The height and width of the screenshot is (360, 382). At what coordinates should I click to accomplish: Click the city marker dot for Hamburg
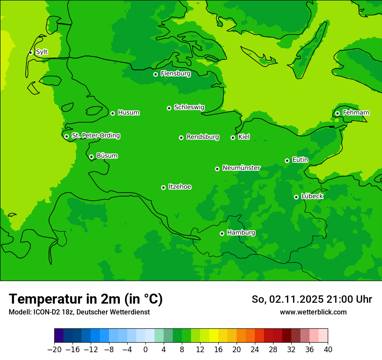point(222,233)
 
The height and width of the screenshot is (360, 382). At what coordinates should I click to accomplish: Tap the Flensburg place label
point(175,74)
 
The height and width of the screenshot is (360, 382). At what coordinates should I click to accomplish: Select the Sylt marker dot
point(30,52)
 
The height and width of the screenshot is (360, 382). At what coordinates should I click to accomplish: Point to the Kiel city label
point(244,137)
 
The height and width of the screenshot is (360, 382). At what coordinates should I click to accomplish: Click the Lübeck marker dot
point(296,197)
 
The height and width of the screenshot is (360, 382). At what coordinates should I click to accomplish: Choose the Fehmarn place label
point(356,113)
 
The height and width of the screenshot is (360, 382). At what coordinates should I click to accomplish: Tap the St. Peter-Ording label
point(95,136)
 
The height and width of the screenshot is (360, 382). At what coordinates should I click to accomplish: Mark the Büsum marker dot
point(91,157)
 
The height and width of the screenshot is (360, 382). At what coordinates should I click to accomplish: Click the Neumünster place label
point(241,168)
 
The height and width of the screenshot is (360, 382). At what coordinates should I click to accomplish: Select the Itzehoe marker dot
point(163,187)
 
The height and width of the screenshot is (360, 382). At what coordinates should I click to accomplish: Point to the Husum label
point(128,113)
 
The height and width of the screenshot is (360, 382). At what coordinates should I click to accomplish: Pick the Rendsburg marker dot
point(181,137)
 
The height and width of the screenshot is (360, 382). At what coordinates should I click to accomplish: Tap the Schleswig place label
point(189,107)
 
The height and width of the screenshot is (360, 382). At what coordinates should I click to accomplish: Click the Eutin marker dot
point(287,160)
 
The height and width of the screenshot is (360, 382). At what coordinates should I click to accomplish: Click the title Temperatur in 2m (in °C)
point(86,299)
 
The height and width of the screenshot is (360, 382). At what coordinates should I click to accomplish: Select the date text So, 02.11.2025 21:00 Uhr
point(312,299)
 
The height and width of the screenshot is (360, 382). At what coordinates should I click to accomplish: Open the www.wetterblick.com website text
point(313,312)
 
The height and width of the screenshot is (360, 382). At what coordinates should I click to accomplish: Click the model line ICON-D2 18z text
point(79,312)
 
